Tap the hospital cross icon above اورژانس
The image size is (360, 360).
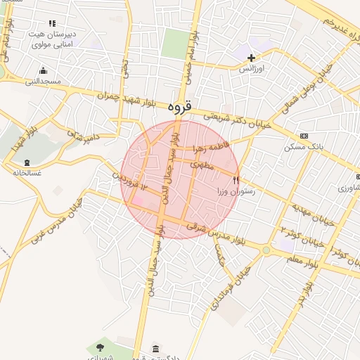coord(251,57)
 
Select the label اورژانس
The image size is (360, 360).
coord(251,69)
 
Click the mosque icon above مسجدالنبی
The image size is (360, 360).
coord(44,70)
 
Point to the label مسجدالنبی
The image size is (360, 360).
coord(44,81)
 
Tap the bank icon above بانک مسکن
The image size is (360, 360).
coord(303,136)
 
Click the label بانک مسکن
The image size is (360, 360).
coord(303,147)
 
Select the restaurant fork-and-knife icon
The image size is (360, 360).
coord(236,180)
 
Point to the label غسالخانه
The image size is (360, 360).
coord(27,173)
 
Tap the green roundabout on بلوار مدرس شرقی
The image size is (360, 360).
coord(266,250)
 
